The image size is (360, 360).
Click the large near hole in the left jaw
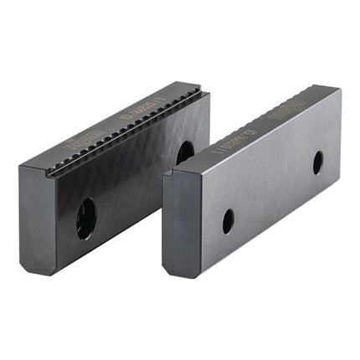tap(85, 219)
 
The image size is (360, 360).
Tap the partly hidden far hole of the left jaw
tap(184, 152)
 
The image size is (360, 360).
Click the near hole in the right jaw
tap(228, 221)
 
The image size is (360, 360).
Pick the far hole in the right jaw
tap(317, 162)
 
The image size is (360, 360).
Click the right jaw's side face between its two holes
tap(272, 192)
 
